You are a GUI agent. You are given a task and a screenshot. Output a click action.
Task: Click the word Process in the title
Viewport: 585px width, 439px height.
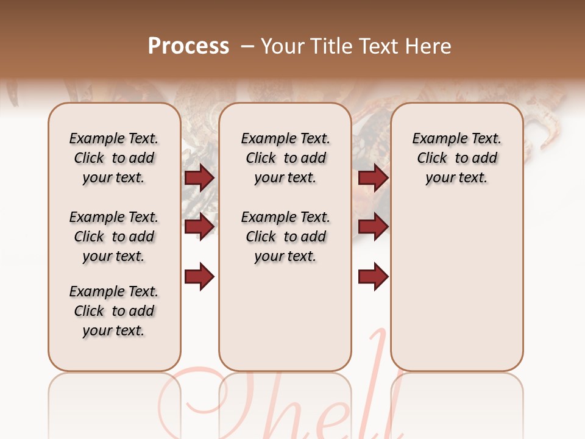(188, 46)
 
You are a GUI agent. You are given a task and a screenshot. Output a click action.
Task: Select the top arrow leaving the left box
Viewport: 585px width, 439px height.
(199, 177)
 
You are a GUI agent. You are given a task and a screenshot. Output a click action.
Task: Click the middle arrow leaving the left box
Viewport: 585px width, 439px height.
(199, 227)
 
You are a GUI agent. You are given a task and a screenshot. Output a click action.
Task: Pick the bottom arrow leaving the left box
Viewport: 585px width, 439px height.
(199, 277)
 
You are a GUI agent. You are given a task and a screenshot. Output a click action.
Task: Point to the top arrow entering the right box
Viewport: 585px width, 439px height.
(374, 177)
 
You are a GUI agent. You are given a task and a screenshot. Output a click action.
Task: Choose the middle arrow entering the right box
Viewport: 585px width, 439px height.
(374, 227)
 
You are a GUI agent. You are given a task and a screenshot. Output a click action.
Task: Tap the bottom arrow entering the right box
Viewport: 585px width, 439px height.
(374, 277)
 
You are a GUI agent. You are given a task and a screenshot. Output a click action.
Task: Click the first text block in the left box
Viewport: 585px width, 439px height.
(114, 158)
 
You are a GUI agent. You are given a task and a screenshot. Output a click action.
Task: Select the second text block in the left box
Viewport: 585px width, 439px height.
(114, 237)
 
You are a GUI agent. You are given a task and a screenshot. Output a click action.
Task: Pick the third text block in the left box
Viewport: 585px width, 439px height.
(114, 311)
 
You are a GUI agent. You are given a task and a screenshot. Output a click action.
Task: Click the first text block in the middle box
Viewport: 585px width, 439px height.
(285, 158)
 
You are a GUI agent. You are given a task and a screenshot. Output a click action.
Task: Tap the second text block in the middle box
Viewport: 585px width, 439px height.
(285, 237)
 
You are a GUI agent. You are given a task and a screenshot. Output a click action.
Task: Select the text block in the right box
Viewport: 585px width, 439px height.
(457, 158)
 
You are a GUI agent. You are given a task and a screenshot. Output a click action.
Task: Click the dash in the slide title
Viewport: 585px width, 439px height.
(247, 46)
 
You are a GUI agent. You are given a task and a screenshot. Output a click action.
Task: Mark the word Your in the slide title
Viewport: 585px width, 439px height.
(283, 46)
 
